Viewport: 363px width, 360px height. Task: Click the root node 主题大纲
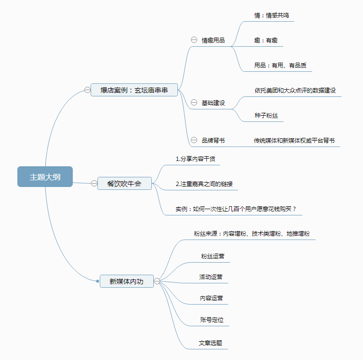(45, 177)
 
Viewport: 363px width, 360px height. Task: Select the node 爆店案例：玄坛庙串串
(134, 90)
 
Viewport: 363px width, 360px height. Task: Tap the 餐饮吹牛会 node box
(124, 183)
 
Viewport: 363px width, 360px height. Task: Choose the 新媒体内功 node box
(126, 281)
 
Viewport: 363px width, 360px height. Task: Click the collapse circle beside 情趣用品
(194, 40)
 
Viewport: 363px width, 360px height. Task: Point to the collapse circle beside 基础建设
(194, 103)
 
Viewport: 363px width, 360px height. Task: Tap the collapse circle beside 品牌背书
(194, 140)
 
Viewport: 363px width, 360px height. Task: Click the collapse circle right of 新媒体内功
(157, 281)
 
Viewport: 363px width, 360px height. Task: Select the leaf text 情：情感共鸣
(271, 15)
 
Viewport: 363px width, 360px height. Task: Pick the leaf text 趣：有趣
(266, 40)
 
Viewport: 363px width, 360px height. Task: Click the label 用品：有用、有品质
(280, 66)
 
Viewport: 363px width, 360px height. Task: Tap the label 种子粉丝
(266, 116)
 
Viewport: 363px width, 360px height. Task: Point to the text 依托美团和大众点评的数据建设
(295, 91)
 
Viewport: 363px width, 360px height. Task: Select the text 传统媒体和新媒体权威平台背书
(294, 141)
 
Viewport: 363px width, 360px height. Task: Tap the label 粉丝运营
(213, 256)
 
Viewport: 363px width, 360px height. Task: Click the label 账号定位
(212, 320)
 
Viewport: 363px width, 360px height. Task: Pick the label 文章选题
(211, 343)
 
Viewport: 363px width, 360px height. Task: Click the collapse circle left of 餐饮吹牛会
(94, 183)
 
